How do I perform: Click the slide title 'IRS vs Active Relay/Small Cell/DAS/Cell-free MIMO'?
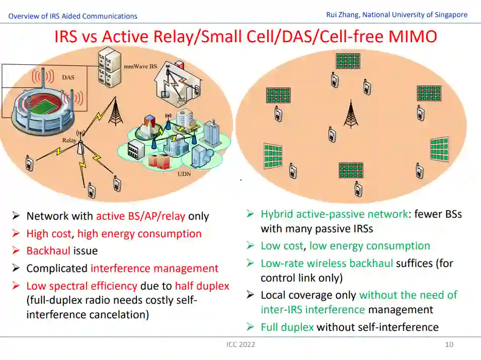[246, 37]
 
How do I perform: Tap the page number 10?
[449, 344]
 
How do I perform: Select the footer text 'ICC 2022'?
[240, 344]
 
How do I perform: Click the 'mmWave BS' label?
[140, 66]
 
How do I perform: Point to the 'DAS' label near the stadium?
[68, 77]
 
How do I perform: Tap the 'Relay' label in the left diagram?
[69, 140]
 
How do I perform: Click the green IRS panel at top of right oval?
[348, 61]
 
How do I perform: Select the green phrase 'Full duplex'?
[287, 327]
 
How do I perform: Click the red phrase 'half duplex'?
[202, 286]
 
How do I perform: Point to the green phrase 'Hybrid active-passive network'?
[334, 214]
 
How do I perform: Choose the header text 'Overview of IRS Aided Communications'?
[72, 16]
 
